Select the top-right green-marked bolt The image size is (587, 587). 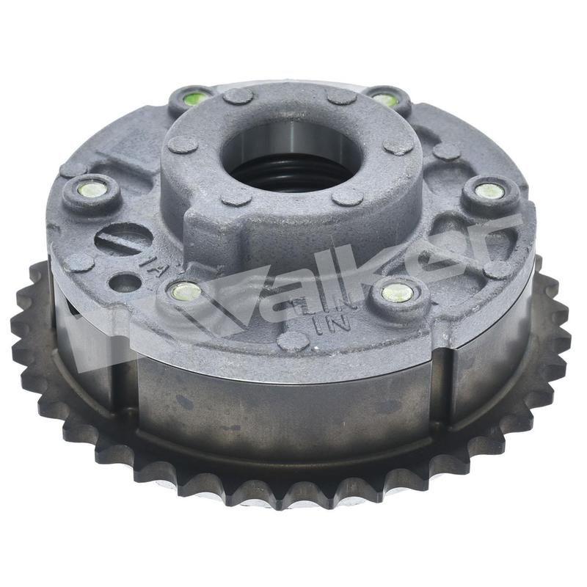point(384,98)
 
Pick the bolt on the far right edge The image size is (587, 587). point(489,192)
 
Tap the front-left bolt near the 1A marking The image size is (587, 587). point(185,292)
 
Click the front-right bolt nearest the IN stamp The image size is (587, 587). point(397,293)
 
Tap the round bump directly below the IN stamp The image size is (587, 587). point(293,341)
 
